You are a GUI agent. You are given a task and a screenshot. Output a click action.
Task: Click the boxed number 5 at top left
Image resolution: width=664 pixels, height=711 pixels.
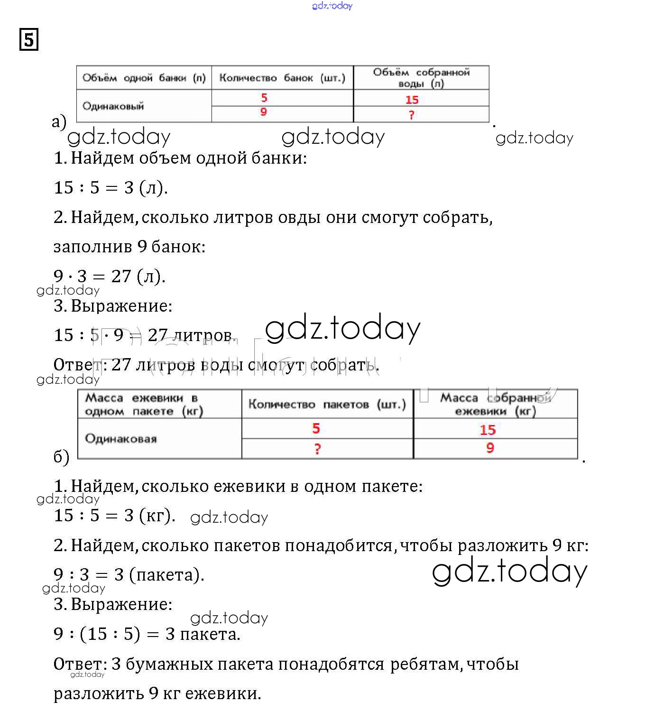(x=29, y=39)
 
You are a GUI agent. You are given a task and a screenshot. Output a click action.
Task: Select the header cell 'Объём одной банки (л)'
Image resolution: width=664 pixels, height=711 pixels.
(x=144, y=78)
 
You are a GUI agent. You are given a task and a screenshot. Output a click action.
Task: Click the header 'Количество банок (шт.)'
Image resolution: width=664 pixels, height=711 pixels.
(x=282, y=78)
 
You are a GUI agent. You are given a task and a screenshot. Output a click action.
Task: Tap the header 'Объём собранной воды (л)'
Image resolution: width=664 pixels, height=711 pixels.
(x=421, y=78)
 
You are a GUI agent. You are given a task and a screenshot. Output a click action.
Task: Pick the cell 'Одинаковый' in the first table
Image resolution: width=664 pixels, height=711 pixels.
(x=113, y=106)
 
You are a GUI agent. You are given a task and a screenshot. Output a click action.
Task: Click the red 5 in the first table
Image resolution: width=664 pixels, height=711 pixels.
(x=264, y=98)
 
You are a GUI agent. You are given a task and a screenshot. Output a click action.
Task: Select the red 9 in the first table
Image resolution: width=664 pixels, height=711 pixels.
(x=264, y=112)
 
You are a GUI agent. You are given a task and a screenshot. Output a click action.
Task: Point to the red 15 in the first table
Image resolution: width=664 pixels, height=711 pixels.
(x=412, y=100)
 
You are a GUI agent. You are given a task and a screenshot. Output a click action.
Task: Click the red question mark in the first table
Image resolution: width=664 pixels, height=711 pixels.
(x=411, y=115)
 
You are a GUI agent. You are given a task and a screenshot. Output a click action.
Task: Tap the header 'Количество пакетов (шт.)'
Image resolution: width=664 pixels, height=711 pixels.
(x=327, y=405)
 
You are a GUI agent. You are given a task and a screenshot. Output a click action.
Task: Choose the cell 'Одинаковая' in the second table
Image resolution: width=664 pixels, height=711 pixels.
(x=120, y=439)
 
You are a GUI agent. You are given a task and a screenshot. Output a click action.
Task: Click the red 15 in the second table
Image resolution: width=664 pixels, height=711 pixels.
(x=488, y=430)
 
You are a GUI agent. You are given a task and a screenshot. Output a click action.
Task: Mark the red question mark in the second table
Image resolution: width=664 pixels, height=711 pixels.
(x=317, y=449)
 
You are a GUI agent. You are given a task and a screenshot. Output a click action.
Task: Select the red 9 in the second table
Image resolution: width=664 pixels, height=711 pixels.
(x=490, y=448)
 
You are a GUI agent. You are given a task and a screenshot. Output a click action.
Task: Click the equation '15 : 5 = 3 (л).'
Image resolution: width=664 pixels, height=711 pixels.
(x=111, y=187)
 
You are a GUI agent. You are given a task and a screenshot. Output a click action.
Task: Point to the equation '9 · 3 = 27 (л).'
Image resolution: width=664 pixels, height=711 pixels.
(x=110, y=276)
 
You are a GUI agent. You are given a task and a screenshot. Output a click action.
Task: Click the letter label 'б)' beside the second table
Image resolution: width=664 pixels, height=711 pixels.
(x=61, y=456)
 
